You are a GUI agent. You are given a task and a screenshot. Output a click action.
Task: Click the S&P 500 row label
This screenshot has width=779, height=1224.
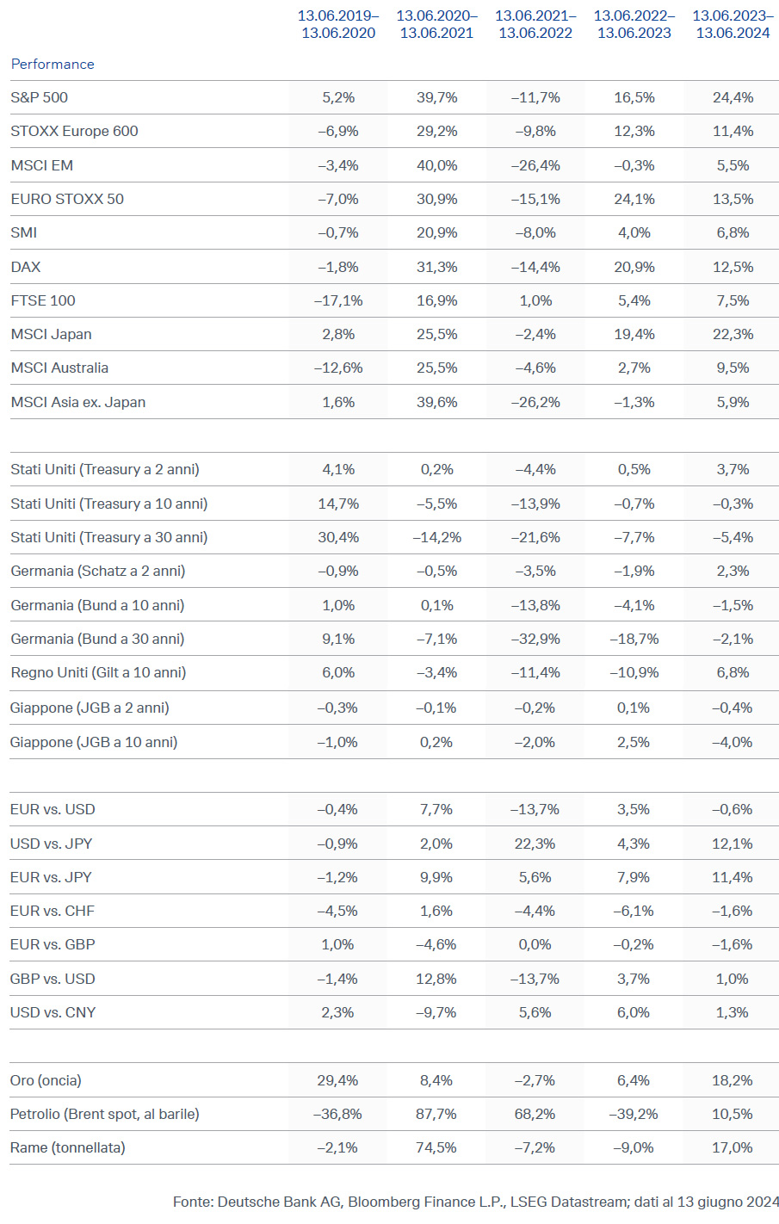click(x=39, y=97)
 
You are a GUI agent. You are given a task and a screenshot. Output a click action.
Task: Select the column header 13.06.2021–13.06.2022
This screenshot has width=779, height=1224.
click(x=535, y=24)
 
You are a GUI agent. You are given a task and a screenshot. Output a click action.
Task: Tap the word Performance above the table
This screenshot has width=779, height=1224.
click(x=53, y=64)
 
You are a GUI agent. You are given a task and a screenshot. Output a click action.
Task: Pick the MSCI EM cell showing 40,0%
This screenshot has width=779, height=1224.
click(x=436, y=165)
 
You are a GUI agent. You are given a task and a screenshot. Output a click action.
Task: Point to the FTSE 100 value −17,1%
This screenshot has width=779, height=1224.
click(x=338, y=300)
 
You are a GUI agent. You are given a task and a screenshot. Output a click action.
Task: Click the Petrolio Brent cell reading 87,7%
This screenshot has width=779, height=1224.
click(x=436, y=1114)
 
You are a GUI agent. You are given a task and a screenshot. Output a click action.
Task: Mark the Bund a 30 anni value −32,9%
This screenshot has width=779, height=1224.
click(x=535, y=639)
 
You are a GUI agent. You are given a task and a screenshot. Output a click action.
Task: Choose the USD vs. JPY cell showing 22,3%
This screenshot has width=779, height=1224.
click(x=535, y=844)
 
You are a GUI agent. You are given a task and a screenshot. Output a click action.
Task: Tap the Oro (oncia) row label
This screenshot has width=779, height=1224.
click(x=46, y=1080)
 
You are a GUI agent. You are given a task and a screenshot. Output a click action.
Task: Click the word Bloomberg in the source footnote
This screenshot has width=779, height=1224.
click(x=385, y=1202)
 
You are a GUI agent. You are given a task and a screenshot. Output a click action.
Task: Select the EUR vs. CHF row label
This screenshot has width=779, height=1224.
click(x=53, y=911)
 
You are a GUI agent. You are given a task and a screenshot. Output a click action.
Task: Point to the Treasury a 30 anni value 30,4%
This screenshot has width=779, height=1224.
click(x=338, y=537)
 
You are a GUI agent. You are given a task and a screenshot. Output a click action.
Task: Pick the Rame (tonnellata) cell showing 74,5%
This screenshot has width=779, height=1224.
click(x=436, y=1147)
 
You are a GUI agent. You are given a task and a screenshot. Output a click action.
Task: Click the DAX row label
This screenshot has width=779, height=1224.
click(x=26, y=267)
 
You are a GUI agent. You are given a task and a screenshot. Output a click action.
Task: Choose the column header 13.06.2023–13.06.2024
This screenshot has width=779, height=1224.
click(x=733, y=24)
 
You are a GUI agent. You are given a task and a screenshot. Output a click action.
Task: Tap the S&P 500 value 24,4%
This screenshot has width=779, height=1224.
click(x=733, y=97)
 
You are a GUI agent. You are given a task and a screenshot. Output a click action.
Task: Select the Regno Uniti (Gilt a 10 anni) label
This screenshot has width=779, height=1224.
click(x=98, y=672)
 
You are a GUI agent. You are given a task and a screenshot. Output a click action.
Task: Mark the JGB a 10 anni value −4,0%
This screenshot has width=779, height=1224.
click(x=733, y=742)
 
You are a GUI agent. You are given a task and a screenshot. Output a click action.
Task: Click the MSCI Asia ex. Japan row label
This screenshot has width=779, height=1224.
click(x=78, y=402)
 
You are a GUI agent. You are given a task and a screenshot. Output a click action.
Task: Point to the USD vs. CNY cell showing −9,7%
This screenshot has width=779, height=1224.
click(x=436, y=1012)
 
